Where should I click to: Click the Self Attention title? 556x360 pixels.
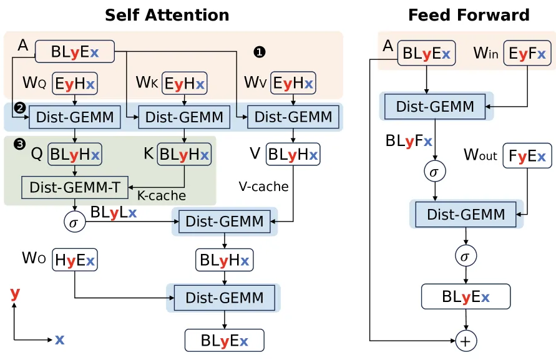click(x=167, y=15)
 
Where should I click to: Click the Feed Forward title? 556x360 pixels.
click(x=469, y=15)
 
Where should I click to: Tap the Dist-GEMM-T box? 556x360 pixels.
click(x=75, y=187)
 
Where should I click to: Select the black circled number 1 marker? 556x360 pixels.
click(x=260, y=52)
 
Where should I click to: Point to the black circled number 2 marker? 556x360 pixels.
click(x=20, y=107)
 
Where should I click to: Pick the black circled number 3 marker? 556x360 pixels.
click(x=19, y=144)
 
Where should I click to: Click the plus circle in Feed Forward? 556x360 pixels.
click(x=466, y=341)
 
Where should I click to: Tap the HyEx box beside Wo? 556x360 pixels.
click(x=75, y=260)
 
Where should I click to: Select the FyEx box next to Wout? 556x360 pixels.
click(x=527, y=155)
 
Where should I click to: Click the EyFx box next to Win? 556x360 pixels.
click(x=527, y=53)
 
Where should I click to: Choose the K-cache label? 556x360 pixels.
click(x=162, y=196)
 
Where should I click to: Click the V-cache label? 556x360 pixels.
click(x=263, y=187)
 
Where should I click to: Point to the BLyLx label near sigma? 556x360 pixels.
click(x=114, y=213)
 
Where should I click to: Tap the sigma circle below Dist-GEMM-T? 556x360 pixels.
click(x=74, y=222)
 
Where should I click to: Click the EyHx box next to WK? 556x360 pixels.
click(x=184, y=84)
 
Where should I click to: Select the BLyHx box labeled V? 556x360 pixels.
click(x=293, y=154)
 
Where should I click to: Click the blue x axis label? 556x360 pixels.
click(x=59, y=339)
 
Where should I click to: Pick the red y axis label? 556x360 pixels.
click(x=15, y=293)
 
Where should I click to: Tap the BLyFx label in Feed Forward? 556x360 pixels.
click(x=409, y=141)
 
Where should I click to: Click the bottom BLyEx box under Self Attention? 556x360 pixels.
click(x=225, y=341)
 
